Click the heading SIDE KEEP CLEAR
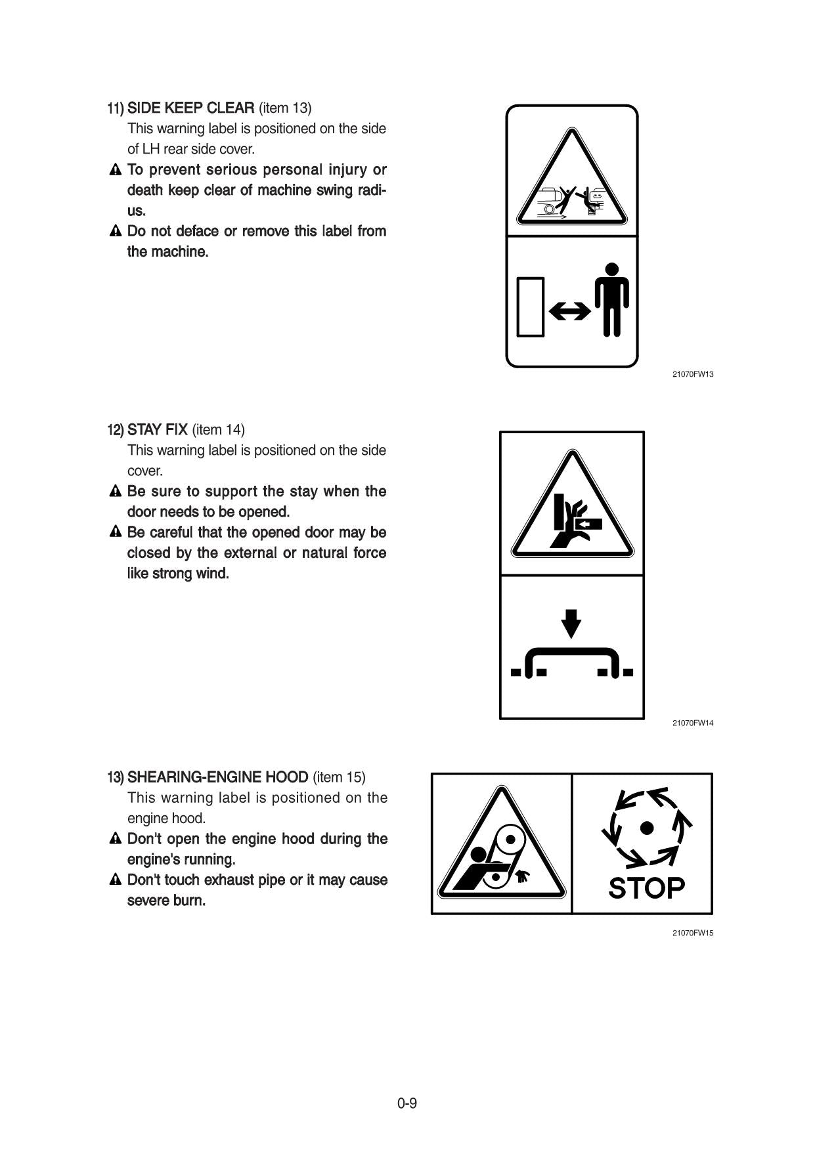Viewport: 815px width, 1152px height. (x=190, y=108)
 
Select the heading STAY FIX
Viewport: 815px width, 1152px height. (x=158, y=430)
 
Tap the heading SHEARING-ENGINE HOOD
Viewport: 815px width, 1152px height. (x=217, y=777)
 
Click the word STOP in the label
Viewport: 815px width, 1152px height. (x=646, y=888)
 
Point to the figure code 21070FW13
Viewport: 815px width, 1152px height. (x=692, y=374)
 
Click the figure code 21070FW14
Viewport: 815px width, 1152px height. (x=692, y=723)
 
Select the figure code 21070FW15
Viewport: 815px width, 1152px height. (x=692, y=933)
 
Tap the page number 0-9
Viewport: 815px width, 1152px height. (x=407, y=1103)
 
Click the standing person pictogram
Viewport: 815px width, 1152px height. (x=612, y=299)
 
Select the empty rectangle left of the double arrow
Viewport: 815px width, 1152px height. (x=531, y=307)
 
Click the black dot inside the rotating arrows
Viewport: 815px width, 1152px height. (x=647, y=828)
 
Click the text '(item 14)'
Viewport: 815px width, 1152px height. (x=218, y=430)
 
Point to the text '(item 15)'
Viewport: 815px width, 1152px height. (x=339, y=777)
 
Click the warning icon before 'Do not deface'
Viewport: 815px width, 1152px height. (x=116, y=231)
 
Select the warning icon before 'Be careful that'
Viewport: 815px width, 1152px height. (x=116, y=532)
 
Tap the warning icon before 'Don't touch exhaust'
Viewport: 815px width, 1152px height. (x=116, y=880)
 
